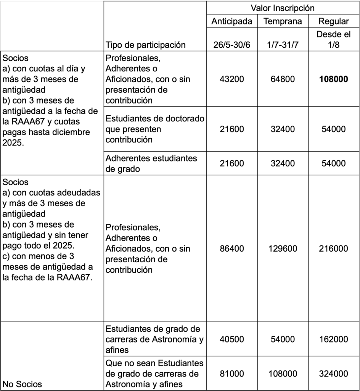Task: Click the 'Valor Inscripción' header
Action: (x=283, y=8)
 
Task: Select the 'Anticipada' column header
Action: (x=232, y=21)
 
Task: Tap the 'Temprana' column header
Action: (x=283, y=21)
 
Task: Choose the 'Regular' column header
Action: (x=333, y=21)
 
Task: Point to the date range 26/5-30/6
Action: (x=232, y=45)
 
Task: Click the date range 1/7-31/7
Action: (x=283, y=45)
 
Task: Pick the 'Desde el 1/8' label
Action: (x=333, y=39)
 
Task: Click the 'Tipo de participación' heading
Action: (x=145, y=45)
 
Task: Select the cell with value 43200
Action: (x=232, y=79)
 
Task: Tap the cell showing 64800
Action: (x=283, y=79)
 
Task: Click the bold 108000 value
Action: (x=333, y=79)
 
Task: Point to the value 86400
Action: (x=232, y=249)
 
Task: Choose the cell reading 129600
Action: (x=283, y=249)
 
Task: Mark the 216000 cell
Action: (x=333, y=249)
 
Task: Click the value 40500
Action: (x=232, y=339)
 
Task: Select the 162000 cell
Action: (x=333, y=339)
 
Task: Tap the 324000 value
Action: (x=333, y=373)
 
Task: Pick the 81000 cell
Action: (x=232, y=373)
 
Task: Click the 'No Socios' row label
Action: (x=22, y=384)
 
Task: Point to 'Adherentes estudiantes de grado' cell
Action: (x=151, y=163)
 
